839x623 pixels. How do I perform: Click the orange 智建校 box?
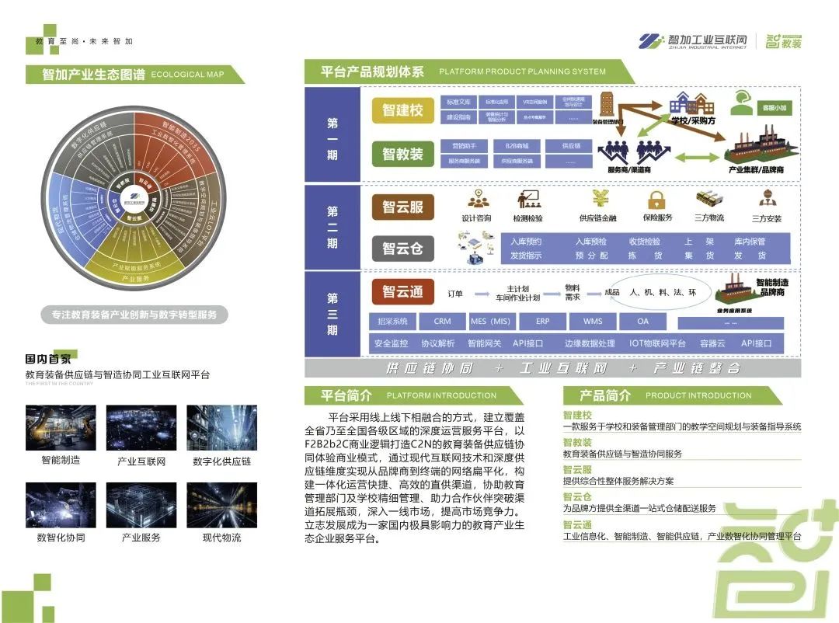pos(402,110)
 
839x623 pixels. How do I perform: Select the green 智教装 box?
pos(402,154)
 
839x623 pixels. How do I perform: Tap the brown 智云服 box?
pos(402,207)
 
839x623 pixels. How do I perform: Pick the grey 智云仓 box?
pos(402,249)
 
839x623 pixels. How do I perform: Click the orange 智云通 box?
pos(402,292)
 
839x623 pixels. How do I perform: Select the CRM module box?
pos(442,322)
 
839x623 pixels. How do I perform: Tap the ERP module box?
pos(543,322)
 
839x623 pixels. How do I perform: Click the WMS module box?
pos(593,322)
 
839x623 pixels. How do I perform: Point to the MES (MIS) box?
pos(491,322)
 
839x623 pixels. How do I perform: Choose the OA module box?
pos(642,322)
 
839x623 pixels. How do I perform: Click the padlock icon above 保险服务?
pos(657,199)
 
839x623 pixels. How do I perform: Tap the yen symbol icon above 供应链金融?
pos(601,197)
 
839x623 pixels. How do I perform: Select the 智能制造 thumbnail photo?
pos(61,428)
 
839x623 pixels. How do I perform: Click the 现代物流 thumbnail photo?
pos(221,506)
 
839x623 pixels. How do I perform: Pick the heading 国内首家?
pos(47,359)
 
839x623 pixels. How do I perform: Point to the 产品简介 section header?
pos(605,395)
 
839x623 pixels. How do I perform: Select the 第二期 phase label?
pos(332,227)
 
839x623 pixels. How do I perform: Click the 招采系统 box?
pos(392,322)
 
